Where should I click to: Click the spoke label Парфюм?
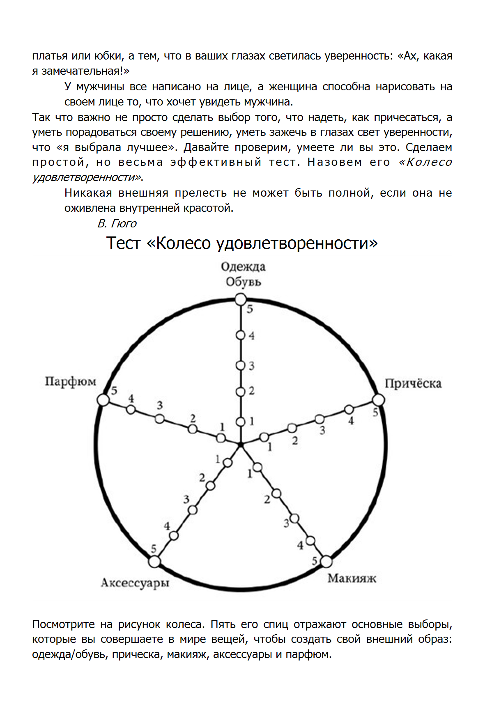pyautogui.click(x=70, y=382)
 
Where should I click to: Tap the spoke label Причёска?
pyautogui.click(x=413, y=384)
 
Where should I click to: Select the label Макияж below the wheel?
pyautogui.click(x=352, y=578)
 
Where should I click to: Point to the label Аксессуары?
pyautogui.click(x=135, y=583)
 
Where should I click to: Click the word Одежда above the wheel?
pyautogui.click(x=243, y=267)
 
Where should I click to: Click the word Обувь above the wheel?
pyautogui.click(x=243, y=282)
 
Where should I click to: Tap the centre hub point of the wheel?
pyautogui.click(x=241, y=445)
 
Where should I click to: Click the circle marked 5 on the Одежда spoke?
pyautogui.click(x=241, y=300)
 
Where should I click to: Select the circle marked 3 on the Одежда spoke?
pyautogui.click(x=241, y=365)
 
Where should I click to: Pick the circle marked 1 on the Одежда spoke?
pyautogui.click(x=241, y=422)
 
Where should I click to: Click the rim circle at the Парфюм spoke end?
pyautogui.click(x=103, y=399)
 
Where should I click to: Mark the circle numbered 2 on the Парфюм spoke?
pyautogui.click(x=192, y=429)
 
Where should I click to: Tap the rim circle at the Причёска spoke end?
pyautogui.click(x=378, y=400)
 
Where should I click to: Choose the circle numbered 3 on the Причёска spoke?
pyautogui.click(x=320, y=419)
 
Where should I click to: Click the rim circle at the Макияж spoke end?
pyautogui.click(x=326, y=561)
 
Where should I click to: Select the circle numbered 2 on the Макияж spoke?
pyautogui.click(x=276, y=493)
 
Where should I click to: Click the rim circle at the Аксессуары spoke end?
pyautogui.click(x=154, y=561)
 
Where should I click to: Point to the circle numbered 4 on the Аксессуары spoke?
pyautogui.click(x=174, y=535)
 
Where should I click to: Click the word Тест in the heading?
pyautogui.click(x=123, y=243)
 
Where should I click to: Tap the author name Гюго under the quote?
pyautogui.click(x=124, y=224)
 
